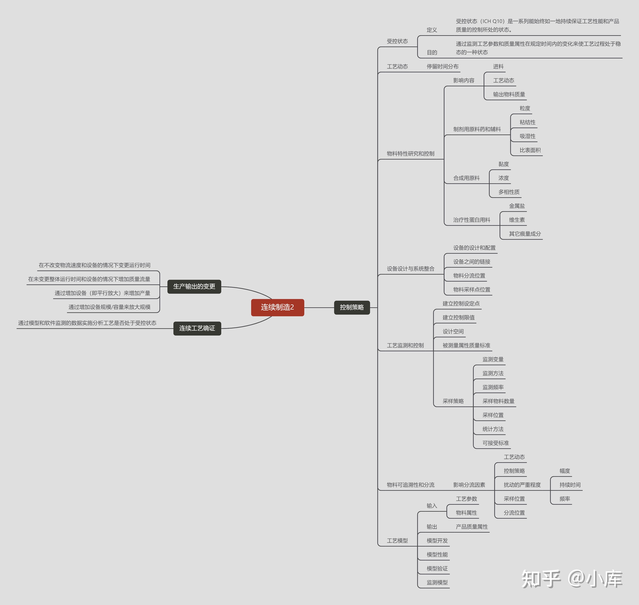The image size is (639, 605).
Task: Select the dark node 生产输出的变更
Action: point(194,286)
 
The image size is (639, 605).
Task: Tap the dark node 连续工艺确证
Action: point(197,328)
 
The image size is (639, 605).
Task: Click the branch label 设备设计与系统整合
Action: point(410,269)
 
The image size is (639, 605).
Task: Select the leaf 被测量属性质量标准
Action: point(466,345)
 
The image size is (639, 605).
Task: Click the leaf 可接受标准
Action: point(495,443)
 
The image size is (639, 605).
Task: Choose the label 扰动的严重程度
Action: point(522,485)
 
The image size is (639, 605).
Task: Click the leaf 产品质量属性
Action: point(472,527)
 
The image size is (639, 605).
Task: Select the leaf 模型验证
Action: point(437,569)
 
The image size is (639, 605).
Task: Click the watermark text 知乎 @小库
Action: point(572,579)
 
